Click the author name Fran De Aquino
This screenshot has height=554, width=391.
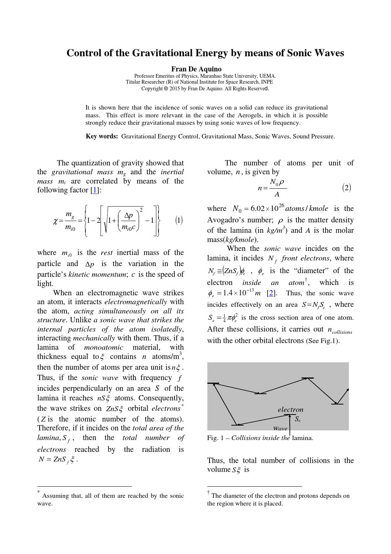[196, 69]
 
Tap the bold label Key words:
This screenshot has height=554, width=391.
[102, 137]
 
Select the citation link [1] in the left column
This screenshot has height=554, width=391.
[95, 190]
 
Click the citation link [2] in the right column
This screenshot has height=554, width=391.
[271, 293]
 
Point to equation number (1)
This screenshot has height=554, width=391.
[179, 221]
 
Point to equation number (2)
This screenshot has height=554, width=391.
[346, 188]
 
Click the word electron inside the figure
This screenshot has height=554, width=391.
[290, 410]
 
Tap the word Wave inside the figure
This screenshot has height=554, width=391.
[280, 429]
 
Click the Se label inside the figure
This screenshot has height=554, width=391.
[297, 419]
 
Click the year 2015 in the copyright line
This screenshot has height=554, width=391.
[174, 89]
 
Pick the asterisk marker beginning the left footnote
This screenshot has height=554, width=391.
[38, 492]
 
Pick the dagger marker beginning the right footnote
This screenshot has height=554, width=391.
[208, 492]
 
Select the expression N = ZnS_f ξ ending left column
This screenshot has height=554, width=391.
[58, 460]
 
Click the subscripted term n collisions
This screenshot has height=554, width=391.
[340, 330]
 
